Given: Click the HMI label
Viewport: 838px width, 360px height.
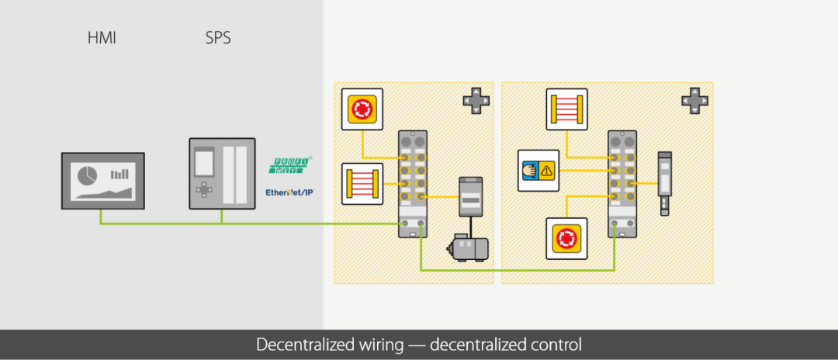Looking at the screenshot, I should tap(102, 38).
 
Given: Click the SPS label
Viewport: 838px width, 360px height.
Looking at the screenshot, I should tap(218, 38).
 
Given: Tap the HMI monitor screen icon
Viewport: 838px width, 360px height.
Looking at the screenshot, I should tap(103, 181).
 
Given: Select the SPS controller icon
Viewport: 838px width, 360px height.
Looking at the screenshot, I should tap(222, 173).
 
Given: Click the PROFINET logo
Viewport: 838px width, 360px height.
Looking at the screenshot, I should tap(290, 165).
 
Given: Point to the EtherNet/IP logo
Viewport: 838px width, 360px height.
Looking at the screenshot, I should tap(289, 192).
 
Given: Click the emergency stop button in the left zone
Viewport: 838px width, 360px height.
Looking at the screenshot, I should tap(362, 109).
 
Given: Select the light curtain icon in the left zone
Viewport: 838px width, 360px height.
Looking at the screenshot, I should tap(362, 184).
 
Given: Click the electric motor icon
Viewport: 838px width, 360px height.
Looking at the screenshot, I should tap(467, 247).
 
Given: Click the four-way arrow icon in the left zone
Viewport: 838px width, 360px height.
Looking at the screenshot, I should tap(476, 100).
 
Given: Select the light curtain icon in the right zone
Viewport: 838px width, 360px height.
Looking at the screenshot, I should tap(567, 109).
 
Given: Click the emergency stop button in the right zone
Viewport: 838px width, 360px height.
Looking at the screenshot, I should tap(567, 239).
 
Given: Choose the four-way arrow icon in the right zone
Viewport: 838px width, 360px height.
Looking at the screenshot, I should tap(694, 100).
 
